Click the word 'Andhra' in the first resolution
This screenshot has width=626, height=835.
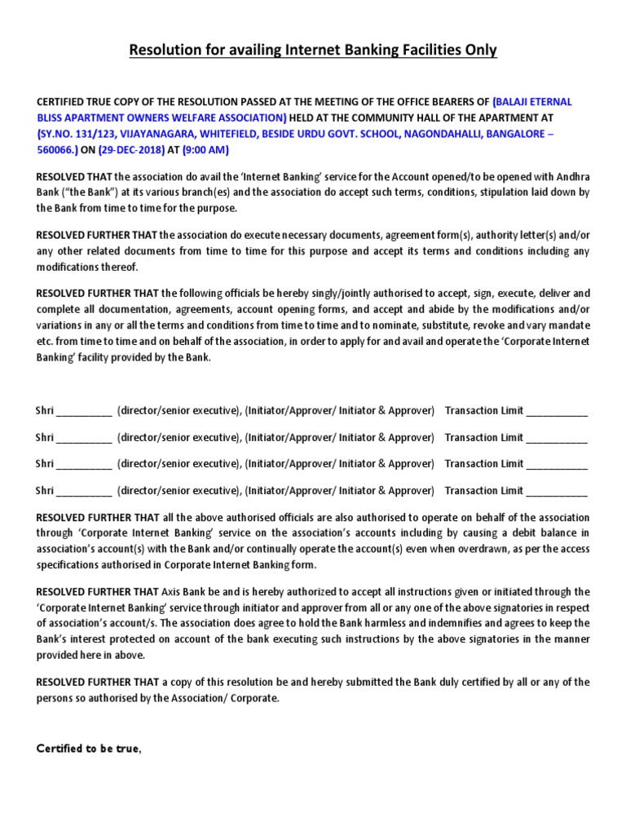pos(572,176)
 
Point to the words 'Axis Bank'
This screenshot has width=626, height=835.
pos(183,591)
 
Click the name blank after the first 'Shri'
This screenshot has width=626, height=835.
pos(85,412)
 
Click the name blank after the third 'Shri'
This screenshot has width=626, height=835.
pos(85,465)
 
